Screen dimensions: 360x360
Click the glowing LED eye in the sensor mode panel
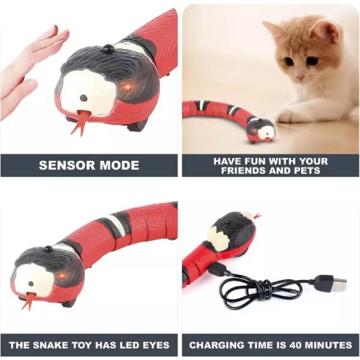click(127, 87)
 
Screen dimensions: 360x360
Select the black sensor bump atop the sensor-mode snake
click(107, 48)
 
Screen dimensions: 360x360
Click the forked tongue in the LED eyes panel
click(29, 299)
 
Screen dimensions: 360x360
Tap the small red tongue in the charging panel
click(257, 216)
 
